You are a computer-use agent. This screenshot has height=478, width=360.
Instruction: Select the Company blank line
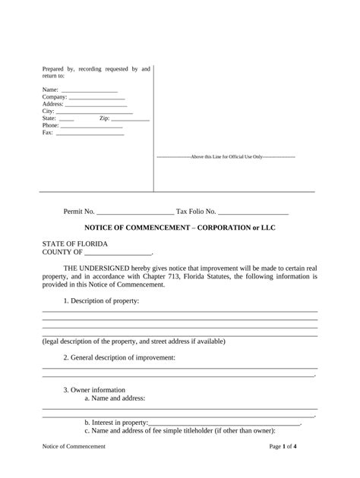(96, 98)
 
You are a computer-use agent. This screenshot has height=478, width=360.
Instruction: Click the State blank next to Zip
(66, 119)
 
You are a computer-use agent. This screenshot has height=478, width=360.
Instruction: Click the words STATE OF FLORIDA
(74, 244)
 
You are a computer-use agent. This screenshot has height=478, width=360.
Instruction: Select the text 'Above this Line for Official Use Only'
(226, 157)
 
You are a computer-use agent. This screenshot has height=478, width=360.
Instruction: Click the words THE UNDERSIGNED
(99, 269)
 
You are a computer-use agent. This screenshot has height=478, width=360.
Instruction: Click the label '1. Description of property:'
(101, 300)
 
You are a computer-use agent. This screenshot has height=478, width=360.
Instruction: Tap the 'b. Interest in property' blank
(224, 424)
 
